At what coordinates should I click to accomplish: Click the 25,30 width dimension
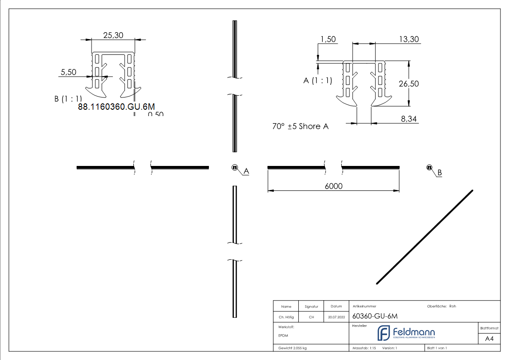[113, 35]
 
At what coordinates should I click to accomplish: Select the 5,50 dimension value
[68, 72]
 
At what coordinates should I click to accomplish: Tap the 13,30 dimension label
[409, 39]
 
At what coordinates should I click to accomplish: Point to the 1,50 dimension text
[328, 39]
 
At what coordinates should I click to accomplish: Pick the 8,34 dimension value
[410, 119]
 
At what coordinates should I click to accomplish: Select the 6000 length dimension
[334, 186]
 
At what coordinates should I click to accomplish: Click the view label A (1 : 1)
[318, 81]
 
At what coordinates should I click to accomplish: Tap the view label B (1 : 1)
[68, 98]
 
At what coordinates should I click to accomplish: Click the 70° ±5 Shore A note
[300, 126]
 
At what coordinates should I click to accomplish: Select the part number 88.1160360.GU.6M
[116, 107]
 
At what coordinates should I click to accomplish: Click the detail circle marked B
[429, 168]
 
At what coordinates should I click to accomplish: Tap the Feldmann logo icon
[383, 333]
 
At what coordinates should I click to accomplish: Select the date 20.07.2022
[336, 317]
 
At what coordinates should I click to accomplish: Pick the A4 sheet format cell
[489, 339]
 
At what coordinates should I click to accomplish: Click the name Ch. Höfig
[286, 317]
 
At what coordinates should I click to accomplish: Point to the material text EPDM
[283, 336]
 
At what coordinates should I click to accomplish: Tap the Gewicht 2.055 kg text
[293, 348]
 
